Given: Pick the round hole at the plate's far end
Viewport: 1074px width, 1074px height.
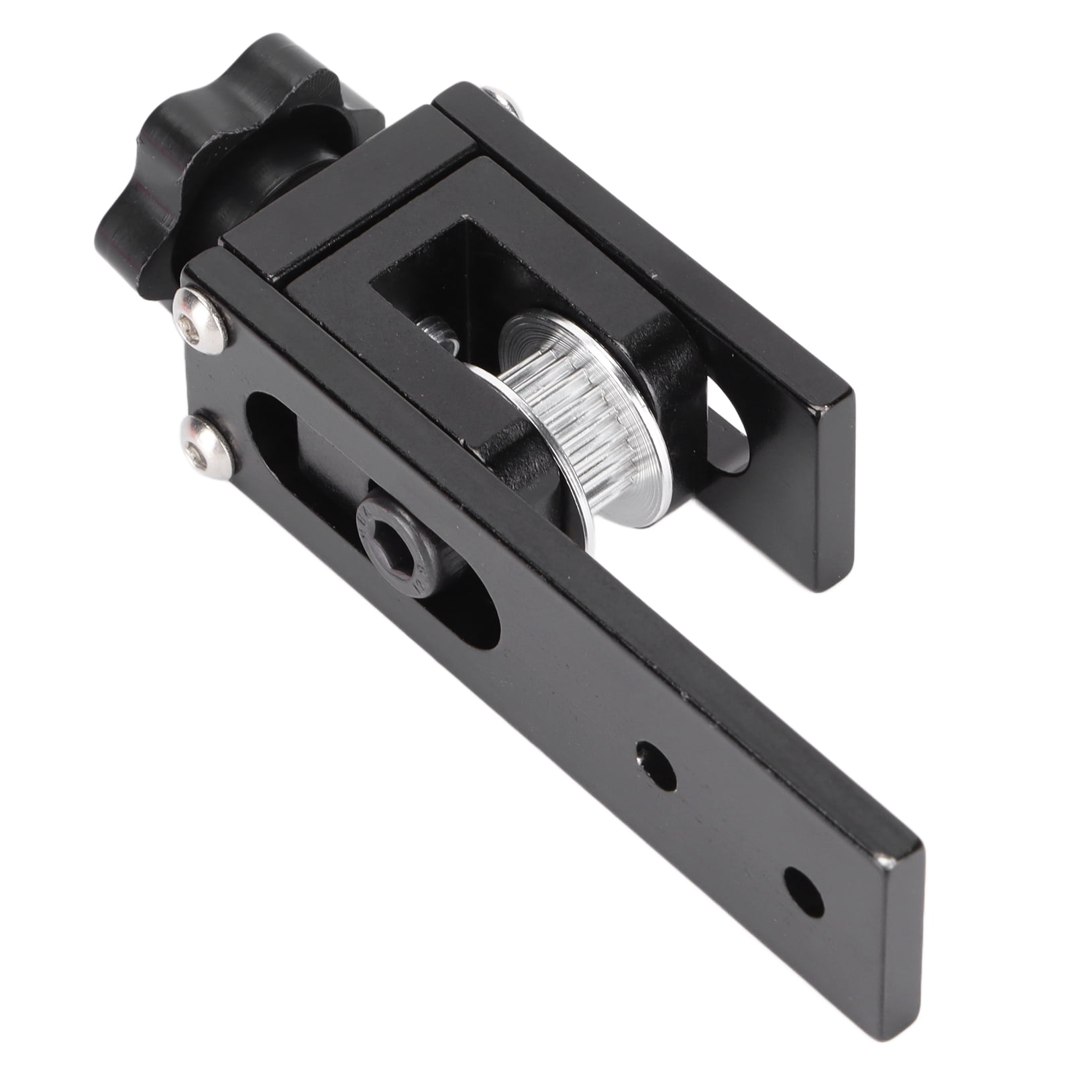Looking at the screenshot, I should (803, 892).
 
